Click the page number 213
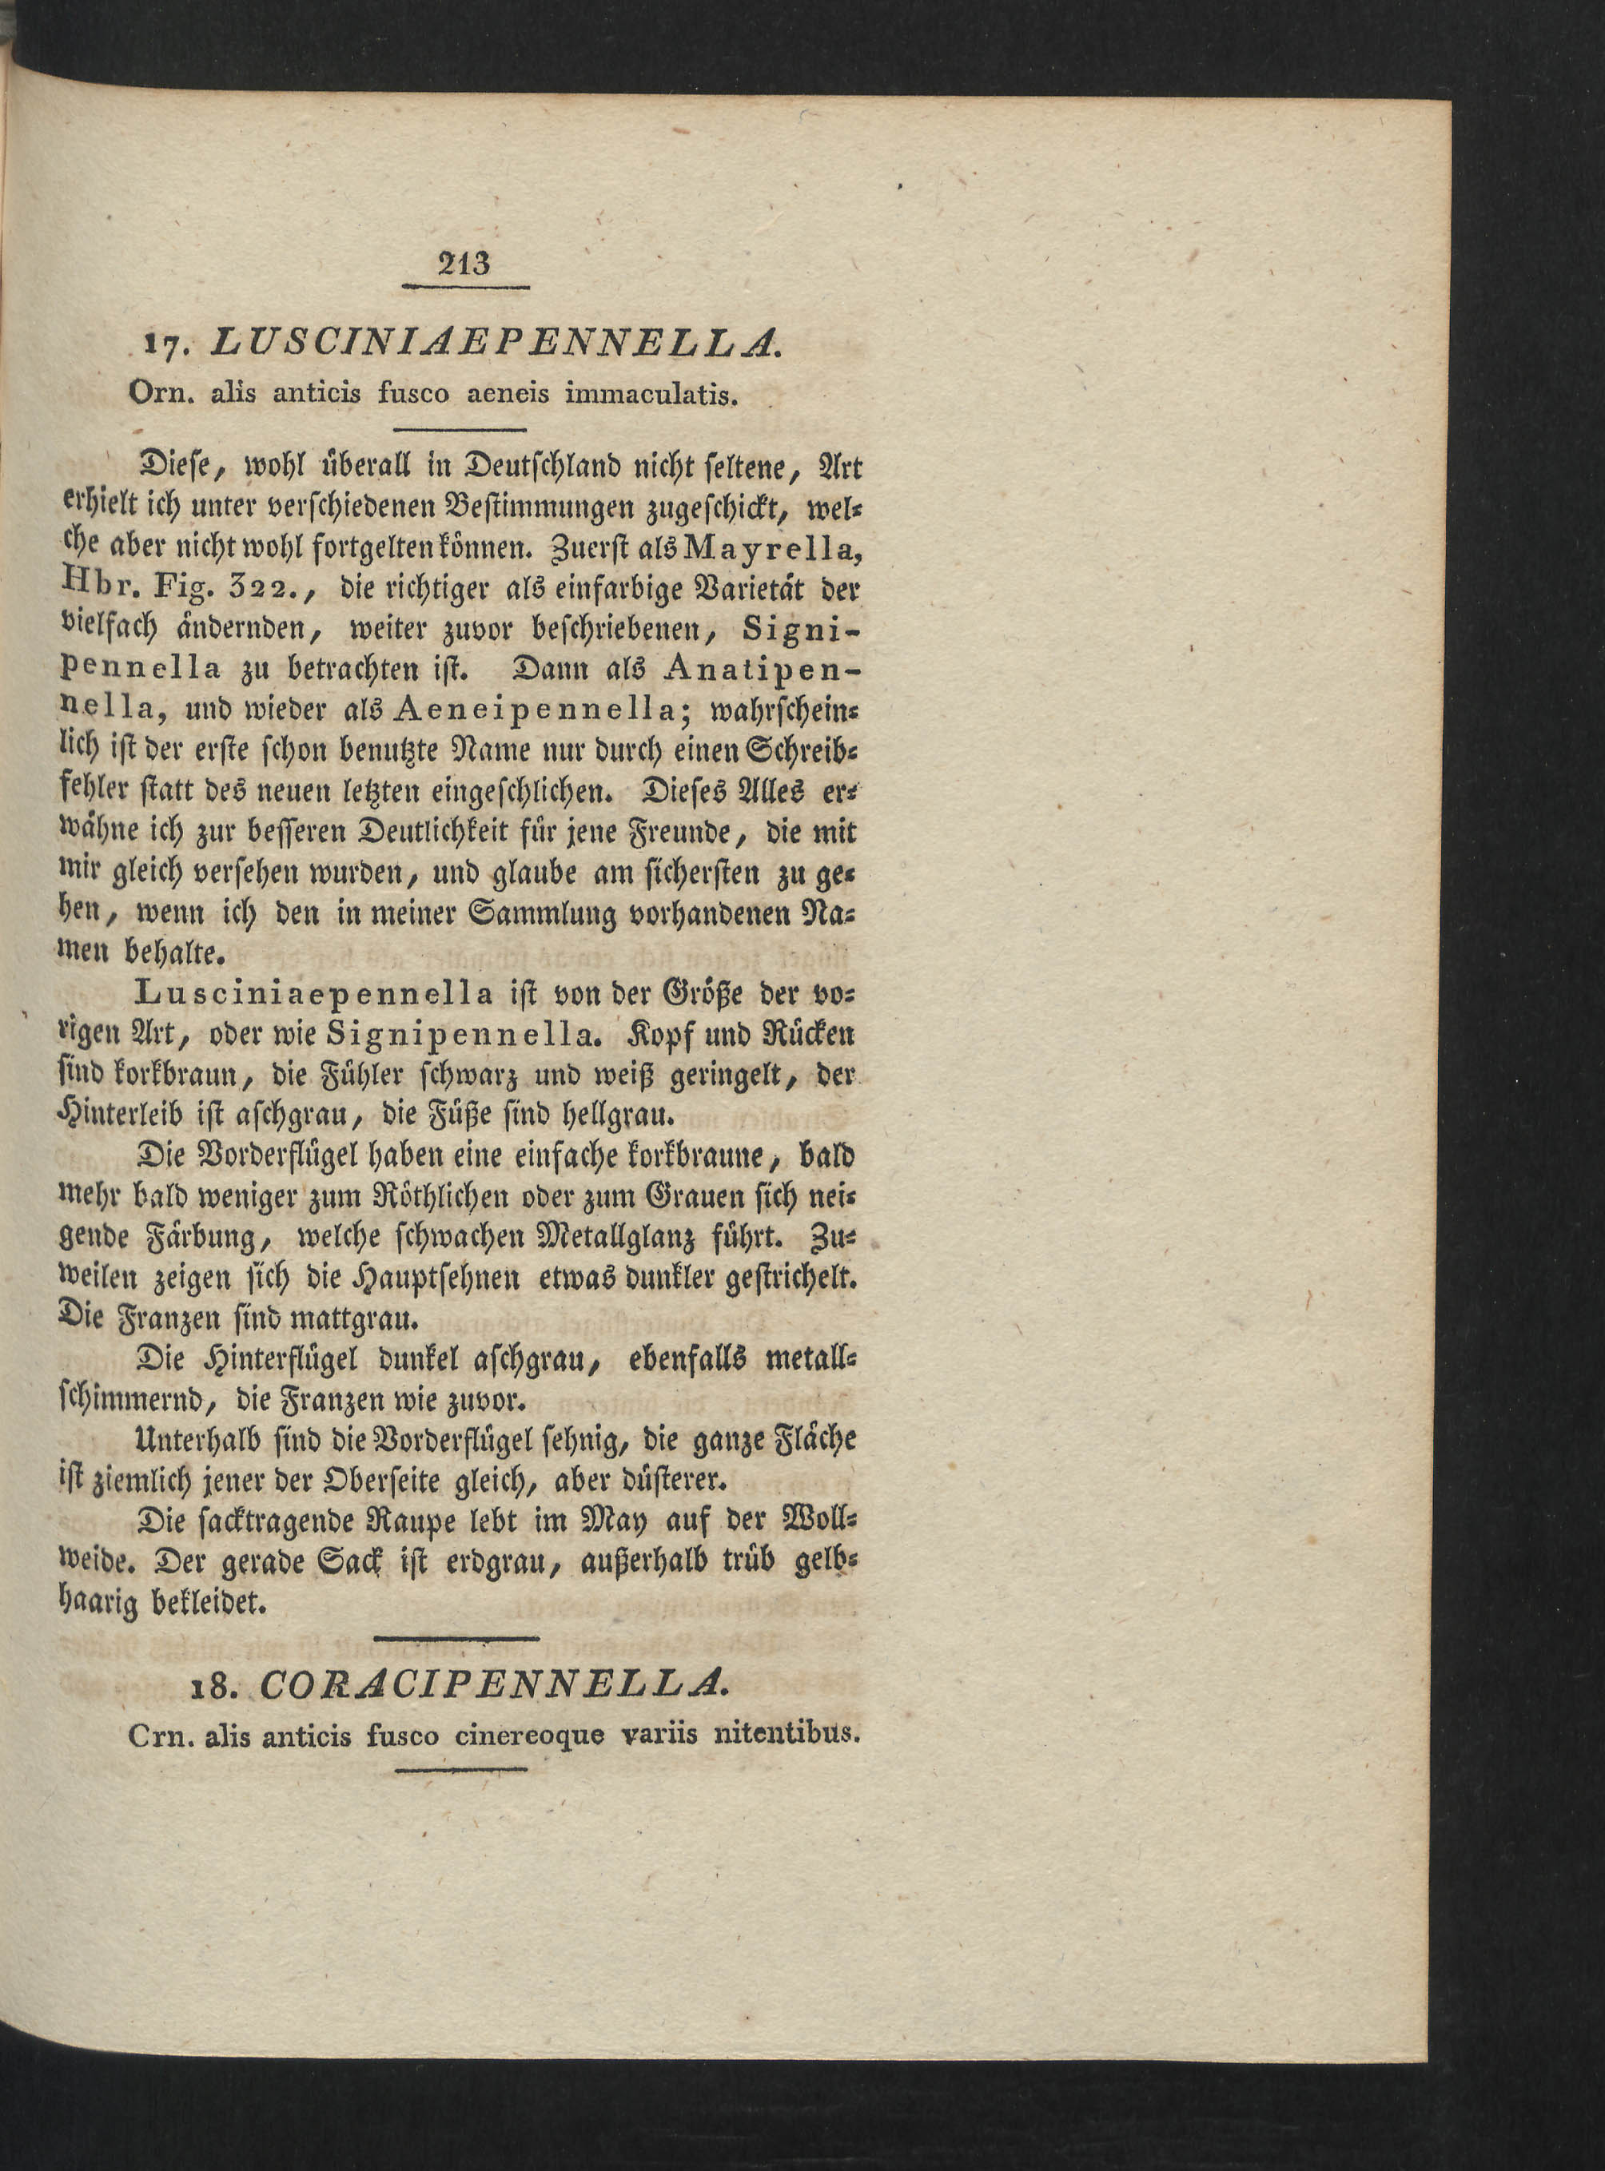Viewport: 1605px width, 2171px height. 465,264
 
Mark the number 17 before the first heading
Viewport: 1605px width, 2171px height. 157,344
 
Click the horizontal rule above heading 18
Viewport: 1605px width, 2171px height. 456,1639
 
